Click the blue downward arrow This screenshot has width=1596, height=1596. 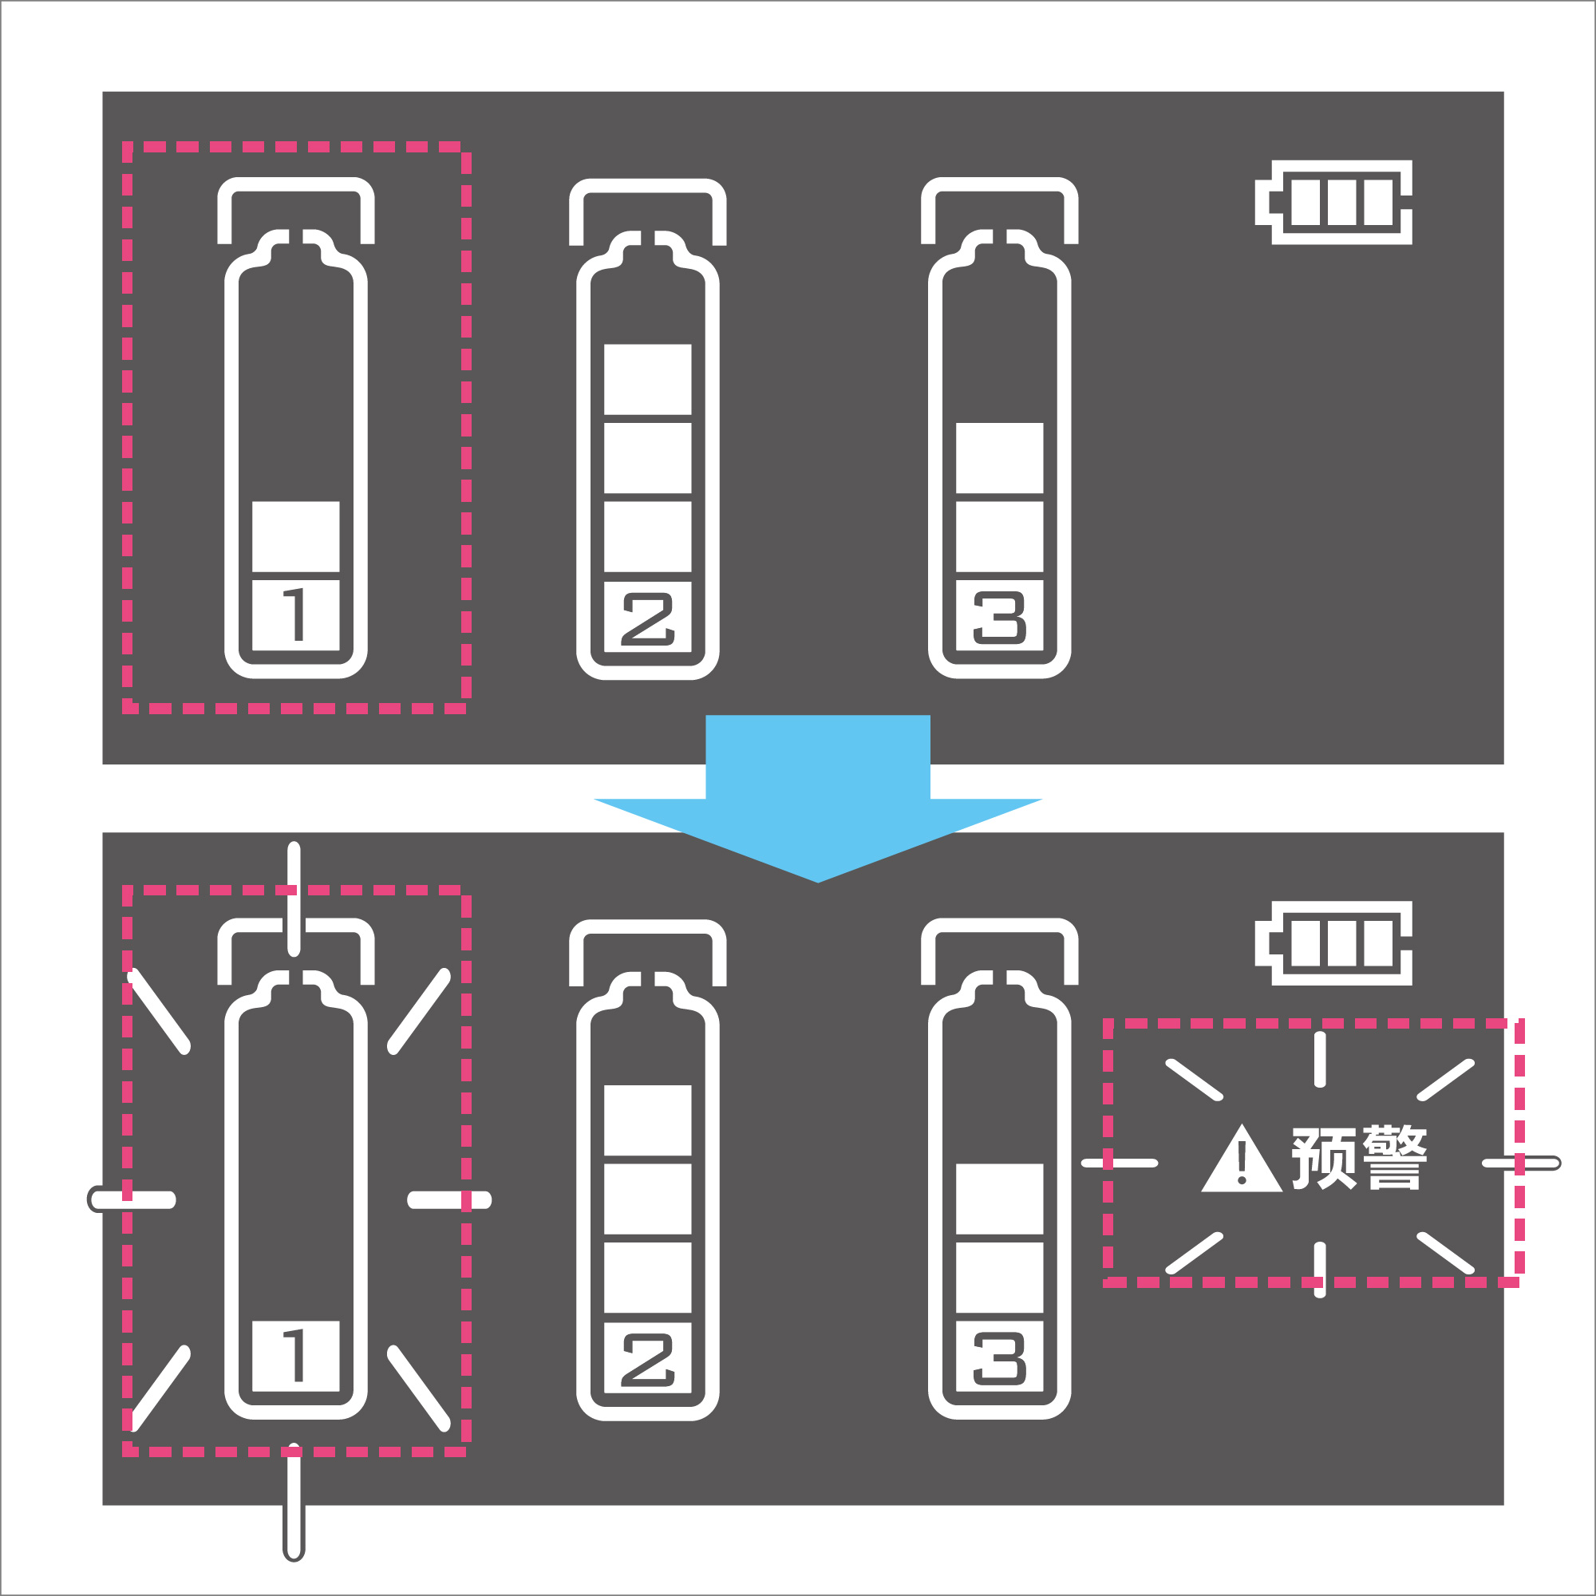pyautogui.click(x=818, y=793)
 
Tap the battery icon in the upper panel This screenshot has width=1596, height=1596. pyautogui.click(x=1333, y=203)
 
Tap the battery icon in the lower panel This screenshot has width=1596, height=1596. pyautogui.click(x=1333, y=943)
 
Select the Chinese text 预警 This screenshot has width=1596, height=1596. pyautogui.click(x=1360, y=1158)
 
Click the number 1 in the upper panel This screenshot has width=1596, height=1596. pyautogui.click(x=296, y=614)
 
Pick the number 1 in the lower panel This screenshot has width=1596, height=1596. pyautogui.click(x=296, y=1356)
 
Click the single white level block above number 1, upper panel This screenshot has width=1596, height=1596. pyautogui.click(x=296, y=537)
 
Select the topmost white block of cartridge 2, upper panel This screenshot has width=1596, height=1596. pyautogui.click(x=648, y=379)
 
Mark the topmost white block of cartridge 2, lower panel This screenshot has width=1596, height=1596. pyautogui.click(x=648, y=1120)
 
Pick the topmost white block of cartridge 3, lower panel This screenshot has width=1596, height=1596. pyautogui.click(x=1000, y=1199)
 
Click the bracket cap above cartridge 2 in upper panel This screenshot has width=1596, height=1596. pyautogui.click(x=648, y=186)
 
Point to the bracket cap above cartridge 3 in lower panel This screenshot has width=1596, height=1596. pyautogui.click(x=1000, y=926)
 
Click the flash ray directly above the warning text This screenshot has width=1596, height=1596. pyautogui.click(x=1320, y=1059)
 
